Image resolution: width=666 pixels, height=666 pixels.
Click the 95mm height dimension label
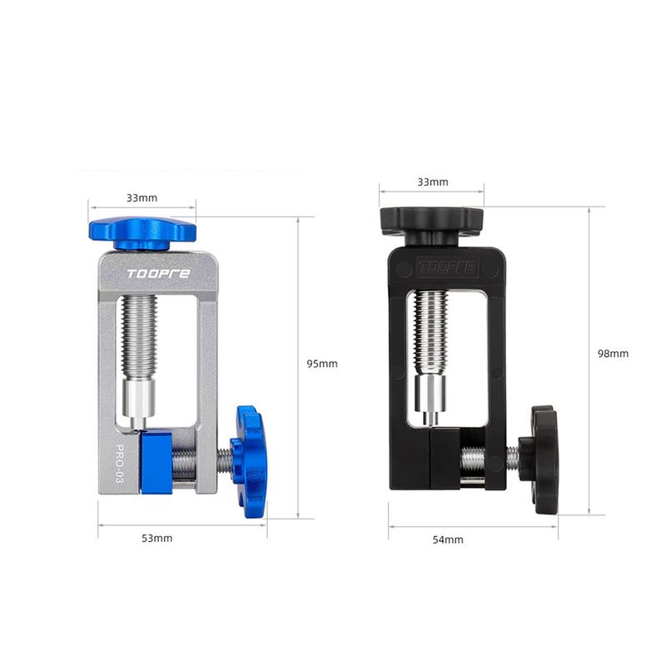click(x=322, y=364)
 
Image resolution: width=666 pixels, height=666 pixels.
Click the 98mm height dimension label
click(x=613, y=353)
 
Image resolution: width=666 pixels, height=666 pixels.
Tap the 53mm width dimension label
click(x=157, y=538)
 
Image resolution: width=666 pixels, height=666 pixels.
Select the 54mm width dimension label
click(x=448, y=539)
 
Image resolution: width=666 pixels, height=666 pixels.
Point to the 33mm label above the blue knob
click(x=142, y=198)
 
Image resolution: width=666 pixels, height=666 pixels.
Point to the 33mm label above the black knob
click(x=433, y=181)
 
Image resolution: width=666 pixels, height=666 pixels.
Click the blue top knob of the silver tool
click(x=142, y=233)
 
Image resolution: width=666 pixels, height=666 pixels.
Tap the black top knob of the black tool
click(x=431, y=226)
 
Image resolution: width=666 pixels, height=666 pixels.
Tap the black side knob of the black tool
click(x=539, y=460)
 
